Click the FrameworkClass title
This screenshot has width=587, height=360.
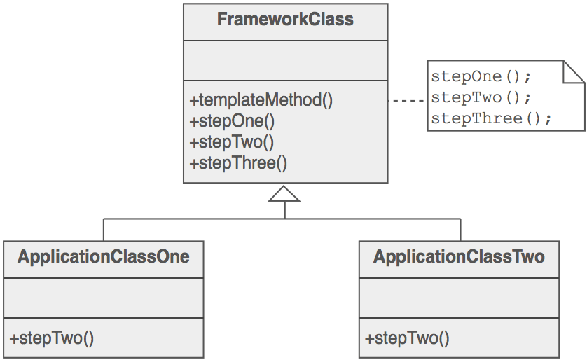click(x=285, y=20)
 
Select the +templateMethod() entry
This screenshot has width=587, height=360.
click(x=261, y=100)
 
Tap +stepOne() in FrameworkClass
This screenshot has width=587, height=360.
click(x=232, y=121)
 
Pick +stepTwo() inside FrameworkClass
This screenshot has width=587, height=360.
click(x=232, y=142)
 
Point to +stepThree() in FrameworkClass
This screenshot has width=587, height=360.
click(x=238, y=164)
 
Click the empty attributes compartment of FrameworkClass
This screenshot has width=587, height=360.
click(x=285, y=60)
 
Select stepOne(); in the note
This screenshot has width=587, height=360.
click(x=481, y=76)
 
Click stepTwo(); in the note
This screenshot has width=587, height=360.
click(x=481, y=97)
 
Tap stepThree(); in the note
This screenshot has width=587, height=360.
click(x=491, y=118)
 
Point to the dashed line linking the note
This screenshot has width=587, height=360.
click(x=407, y=101)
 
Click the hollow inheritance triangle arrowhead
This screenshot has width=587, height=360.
click(x=284, y=194)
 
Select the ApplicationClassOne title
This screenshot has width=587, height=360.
click(x=104, y=257)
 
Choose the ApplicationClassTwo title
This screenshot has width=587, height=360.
click(x=459, y=257)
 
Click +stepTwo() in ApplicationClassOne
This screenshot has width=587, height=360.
click(x=52, y=338)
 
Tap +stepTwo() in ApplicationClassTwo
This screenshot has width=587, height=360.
click(x=407, y=338)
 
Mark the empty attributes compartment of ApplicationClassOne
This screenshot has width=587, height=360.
click(x=104, y=298)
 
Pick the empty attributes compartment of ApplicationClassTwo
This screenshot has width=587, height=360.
click(x=459, y=298)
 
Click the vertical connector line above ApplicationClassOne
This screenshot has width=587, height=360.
click(x=104, y=229)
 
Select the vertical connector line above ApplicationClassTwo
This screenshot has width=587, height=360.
click(x=460, y=229)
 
